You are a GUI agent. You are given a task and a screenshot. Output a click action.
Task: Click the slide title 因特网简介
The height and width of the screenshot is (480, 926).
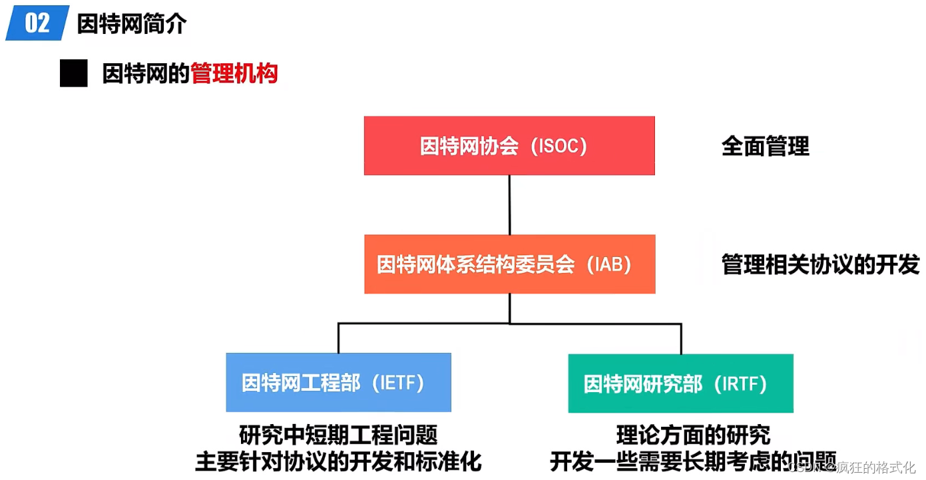(x=132, y=24)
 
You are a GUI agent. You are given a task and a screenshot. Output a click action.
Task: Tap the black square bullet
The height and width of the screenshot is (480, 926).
(x=73, y=73)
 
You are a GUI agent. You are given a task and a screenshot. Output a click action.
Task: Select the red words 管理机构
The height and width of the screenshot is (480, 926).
(x=234, y=74)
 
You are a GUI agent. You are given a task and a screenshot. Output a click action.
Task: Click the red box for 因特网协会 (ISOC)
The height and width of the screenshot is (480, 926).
(x=509, y=146)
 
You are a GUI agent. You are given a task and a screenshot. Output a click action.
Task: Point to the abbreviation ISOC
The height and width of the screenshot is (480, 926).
(x=559, y=146)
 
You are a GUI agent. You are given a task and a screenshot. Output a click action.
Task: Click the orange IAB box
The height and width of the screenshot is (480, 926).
(x=509, y=264)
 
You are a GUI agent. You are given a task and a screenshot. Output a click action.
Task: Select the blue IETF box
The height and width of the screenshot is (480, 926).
(x=338, y=382)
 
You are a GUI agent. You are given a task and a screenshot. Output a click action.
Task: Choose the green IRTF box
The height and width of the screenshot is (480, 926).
(x=680, y=383)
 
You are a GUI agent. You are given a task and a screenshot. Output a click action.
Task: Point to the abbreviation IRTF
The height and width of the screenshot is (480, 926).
(x=740, y=384)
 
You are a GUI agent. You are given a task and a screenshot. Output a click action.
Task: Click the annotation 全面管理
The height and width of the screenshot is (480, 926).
(x=765, y=146)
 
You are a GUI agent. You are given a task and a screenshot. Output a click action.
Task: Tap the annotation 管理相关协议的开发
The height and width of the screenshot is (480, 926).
(x=820, y=265)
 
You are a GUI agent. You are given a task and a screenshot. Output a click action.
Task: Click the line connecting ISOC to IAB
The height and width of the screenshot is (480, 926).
(x=509, y=204)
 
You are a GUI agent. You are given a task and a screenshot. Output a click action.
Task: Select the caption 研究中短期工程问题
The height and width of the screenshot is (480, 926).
(x=338, y=435)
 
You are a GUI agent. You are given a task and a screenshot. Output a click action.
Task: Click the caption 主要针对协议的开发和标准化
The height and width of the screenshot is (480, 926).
(x=338, y=461)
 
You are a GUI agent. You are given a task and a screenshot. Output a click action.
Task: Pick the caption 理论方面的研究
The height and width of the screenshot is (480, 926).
(x=693, y=435)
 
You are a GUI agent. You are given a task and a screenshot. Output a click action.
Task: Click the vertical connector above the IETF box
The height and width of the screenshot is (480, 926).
(x=338, y=338)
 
